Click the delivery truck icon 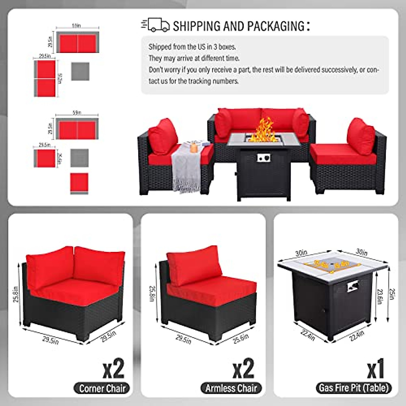(x=155, y=25)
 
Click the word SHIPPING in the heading (x=197, y=26)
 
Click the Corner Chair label (x=102, y=388)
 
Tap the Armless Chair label (x=231, y=388)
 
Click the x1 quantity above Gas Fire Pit (x=375, y=369)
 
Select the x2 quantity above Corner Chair (x=114, y=369)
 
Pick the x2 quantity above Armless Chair (x=243, y=369)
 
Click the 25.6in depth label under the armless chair (x=241, y=338)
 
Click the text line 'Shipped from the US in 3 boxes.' (x=192, y=47)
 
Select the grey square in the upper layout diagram (x=80, y=71)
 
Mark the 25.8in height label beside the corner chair (x=16, y=293)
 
